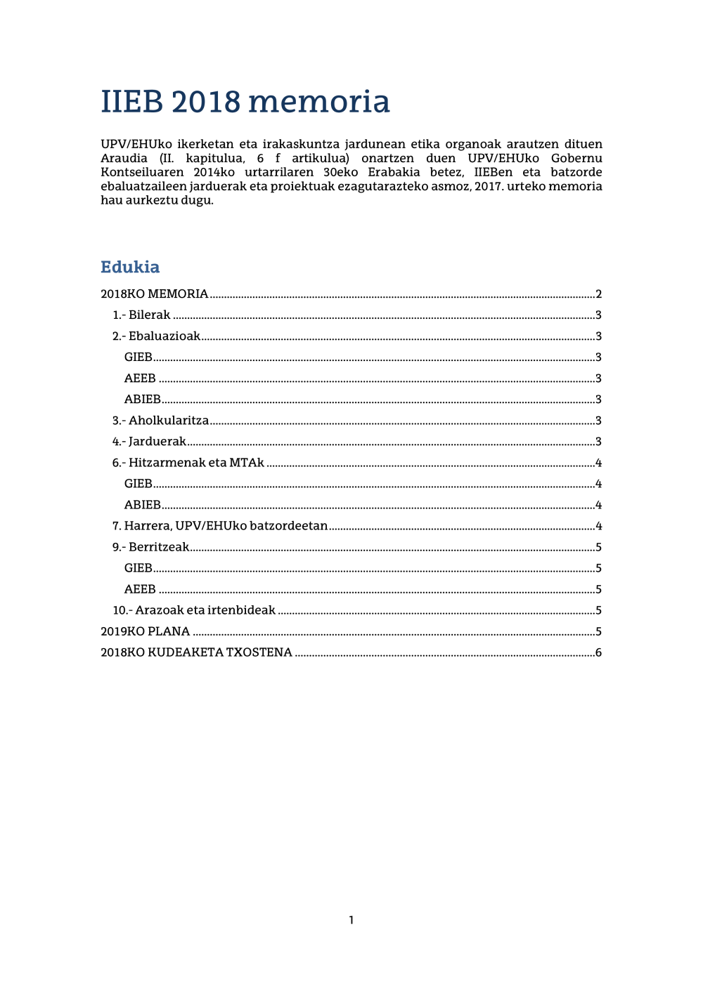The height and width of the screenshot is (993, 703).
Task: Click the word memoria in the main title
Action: point(318,103)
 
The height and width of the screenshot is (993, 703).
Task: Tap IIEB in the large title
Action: point(131,103)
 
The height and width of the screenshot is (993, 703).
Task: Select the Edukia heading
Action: point(130,267)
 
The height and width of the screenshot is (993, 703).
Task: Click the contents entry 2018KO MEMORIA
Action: point(155,294)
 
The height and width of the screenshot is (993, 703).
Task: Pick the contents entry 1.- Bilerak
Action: point(141,315)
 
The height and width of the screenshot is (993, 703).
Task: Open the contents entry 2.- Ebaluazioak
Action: point(156,336)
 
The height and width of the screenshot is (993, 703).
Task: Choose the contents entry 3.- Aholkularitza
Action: point(160,421)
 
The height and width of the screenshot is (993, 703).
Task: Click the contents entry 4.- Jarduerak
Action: point(149,442)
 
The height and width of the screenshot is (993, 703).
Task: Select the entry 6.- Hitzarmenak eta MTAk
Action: point(188,463)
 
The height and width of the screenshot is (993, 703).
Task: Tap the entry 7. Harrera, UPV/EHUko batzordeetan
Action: point(219,526)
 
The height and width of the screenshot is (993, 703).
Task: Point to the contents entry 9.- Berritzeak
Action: point(150,547)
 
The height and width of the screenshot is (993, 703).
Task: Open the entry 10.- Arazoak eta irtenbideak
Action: point(194,610)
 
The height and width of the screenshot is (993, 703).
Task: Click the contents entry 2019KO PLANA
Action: point(146,631)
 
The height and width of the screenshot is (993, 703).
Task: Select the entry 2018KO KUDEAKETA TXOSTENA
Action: point(196,652)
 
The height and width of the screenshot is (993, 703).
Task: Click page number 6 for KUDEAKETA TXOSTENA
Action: point(598,652)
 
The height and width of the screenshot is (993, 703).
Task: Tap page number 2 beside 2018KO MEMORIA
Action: point(598,294)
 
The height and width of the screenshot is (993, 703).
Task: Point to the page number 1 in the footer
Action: point(351,920)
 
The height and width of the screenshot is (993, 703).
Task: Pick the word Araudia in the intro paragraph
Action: point(124,158)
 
